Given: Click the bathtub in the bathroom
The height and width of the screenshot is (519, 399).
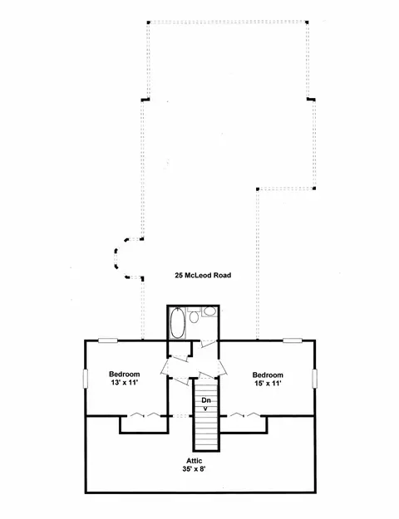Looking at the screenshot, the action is tap(178, 323).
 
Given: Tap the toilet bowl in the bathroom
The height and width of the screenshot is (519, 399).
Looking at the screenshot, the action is tap(195, 317).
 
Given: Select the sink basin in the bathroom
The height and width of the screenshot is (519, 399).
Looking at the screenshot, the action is tap(209, 311).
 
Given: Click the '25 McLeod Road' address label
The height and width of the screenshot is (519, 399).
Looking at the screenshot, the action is tap(203, 276).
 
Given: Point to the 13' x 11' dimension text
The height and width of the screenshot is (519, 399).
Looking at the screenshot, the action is tap(125, 382).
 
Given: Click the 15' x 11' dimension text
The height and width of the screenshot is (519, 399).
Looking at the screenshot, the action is tap(268, 384).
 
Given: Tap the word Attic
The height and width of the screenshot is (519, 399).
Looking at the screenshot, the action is tap(195, 461).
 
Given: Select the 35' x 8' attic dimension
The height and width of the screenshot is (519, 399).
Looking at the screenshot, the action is tap(195, 468).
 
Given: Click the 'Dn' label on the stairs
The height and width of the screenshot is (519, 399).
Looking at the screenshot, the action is tap(206, 400).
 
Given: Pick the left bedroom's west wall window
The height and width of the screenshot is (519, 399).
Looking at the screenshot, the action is tap(86, 379).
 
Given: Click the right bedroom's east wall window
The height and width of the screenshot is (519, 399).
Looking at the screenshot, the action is tap(314, 379).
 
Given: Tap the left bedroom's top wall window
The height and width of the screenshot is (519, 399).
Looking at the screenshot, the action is tap(108, 340).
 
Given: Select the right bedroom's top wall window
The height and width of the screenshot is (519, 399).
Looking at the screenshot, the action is tap(293, 340).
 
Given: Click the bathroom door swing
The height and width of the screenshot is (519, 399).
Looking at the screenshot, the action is tap(209, 343).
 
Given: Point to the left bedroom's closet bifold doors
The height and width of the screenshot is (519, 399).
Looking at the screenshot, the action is tap(144, 414).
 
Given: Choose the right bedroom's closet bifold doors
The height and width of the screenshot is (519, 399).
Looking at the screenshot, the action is tap(244, 414).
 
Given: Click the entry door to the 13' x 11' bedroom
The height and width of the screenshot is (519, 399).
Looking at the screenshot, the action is tap(165, 367).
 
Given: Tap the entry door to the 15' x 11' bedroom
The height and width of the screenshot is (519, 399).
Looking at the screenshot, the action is tap(222, 367).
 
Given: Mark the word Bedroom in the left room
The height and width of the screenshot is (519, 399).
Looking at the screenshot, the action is tap(125, 375).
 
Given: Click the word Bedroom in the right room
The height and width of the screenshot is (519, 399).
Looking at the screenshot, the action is tap(268, 375).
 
